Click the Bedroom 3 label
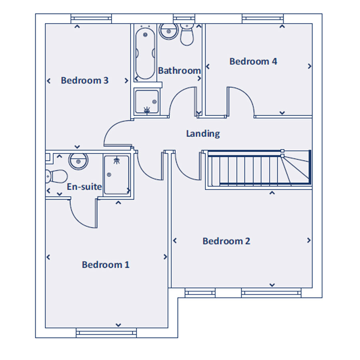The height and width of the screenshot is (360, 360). pyautogui.click(x=84, y=80)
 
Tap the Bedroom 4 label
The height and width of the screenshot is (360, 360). pyautogui.click(x=253, y=61)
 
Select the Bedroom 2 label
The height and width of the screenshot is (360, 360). pyautogui.click(x=226, y=241)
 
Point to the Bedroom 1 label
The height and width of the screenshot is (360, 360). pyautogui.click(x=106, y=265)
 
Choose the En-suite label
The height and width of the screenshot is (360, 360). pyautogui.click(x=84, y=187)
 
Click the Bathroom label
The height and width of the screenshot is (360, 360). pyautogui.click(x=179, y=70)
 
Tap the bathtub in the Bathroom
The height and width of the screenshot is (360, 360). pyautogui.click(x=145, y=54)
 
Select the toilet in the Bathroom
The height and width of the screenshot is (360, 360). pyautogui.click(x=187, y=34)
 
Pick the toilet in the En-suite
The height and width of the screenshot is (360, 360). pyautogui.click(x=56, y=176)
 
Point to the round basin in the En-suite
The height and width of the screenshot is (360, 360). pyautogui.click(x=78, y=162)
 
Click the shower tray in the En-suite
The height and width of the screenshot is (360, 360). pyautogui.click(x=117, y=175)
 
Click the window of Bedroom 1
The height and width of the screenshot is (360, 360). pyautogui.click(x=106, y=333)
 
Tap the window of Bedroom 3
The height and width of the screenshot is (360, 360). pyautogui.click(x=91, y=18)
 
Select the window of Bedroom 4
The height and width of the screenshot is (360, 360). pyautogui.click(x=263, y=18)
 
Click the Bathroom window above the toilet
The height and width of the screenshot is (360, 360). pyautogui.click(x=184, y=18)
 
